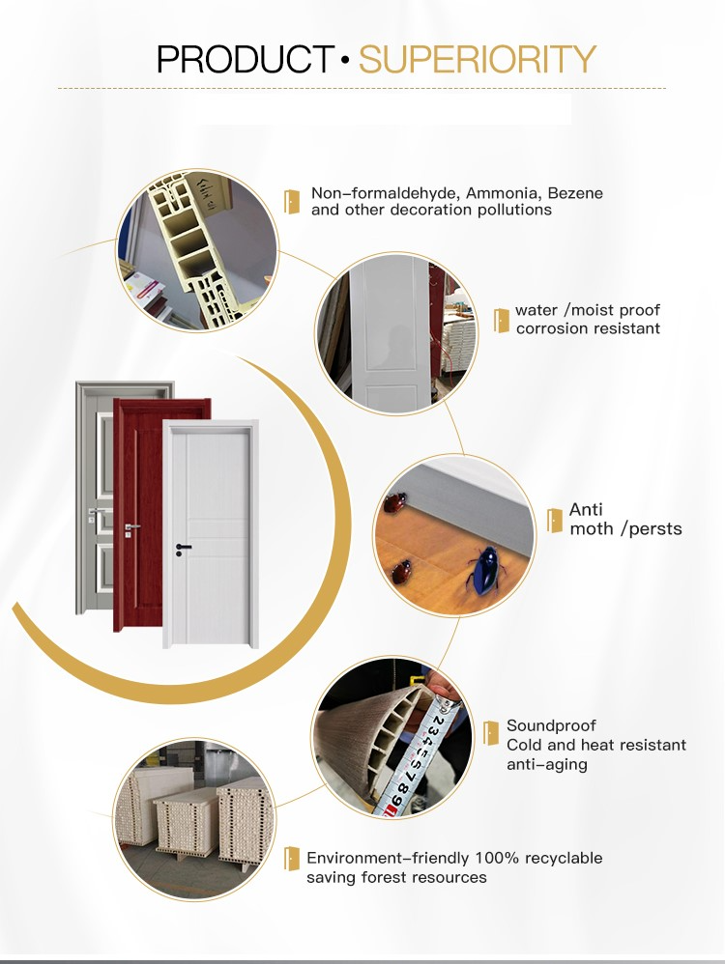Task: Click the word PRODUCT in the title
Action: [246, 59]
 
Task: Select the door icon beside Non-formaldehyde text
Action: [291, 201]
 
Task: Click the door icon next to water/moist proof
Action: [501, 320]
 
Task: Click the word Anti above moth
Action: [586, 510]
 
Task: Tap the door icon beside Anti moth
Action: [554, 520]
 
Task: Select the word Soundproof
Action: [551, 725]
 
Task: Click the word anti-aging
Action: [546, 764]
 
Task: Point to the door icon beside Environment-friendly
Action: [291, 858]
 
